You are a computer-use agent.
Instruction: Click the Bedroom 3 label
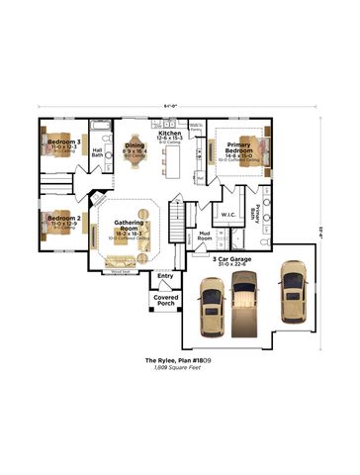pyautogui.click(x=64, y=143)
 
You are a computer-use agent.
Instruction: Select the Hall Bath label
pyautogui.click(x=98, y=152)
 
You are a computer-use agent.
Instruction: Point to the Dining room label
pyautogui.click(x=135, y=149)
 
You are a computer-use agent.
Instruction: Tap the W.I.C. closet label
pyautogui.click(x=226, y=214)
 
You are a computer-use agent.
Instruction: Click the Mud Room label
pyautogui.click(x=205, y=237)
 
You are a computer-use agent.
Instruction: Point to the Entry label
pyautogui.click(x=165, y=276)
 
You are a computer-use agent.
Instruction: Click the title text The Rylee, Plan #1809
pyautogui.click(x=179, y=360)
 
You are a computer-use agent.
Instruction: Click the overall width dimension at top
pyautogui.click(x=179, y=108)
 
